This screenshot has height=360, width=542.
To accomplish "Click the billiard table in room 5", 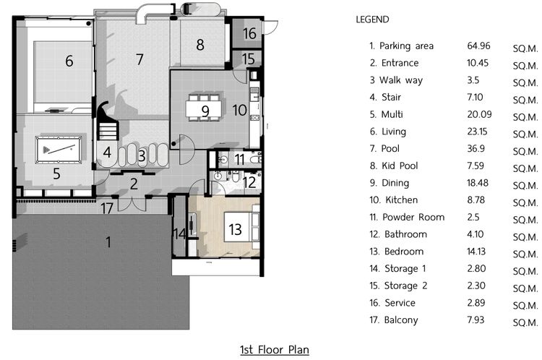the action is coord(59,150).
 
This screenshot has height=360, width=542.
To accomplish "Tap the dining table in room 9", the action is coord(204,109).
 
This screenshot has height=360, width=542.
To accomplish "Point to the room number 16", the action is coord(249,33).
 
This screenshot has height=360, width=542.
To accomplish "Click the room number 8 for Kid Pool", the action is coord(200,45).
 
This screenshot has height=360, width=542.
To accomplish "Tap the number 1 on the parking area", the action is coord(108,242).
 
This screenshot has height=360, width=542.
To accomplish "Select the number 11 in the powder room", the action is coord(239,160).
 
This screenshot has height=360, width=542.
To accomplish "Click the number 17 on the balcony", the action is coord(107,208).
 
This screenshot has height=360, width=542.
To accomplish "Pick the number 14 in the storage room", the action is coord(180,233).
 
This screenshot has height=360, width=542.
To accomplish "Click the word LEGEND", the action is coord(372,20).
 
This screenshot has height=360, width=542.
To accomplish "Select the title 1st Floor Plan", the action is coord(275,350).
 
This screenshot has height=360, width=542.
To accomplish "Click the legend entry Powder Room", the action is coord(413,217).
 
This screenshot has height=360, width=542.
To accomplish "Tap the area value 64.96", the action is coord(478,46).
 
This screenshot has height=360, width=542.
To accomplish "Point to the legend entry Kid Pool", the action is coord(400,166).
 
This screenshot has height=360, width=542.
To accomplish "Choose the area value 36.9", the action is coord(476,149).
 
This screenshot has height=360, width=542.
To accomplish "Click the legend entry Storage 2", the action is coord(406,286).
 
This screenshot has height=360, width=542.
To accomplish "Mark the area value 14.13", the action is coord(476,252).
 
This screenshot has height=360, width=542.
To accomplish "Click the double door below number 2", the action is coord(132,204).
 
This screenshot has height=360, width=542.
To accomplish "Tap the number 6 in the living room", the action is coord(69,61).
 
